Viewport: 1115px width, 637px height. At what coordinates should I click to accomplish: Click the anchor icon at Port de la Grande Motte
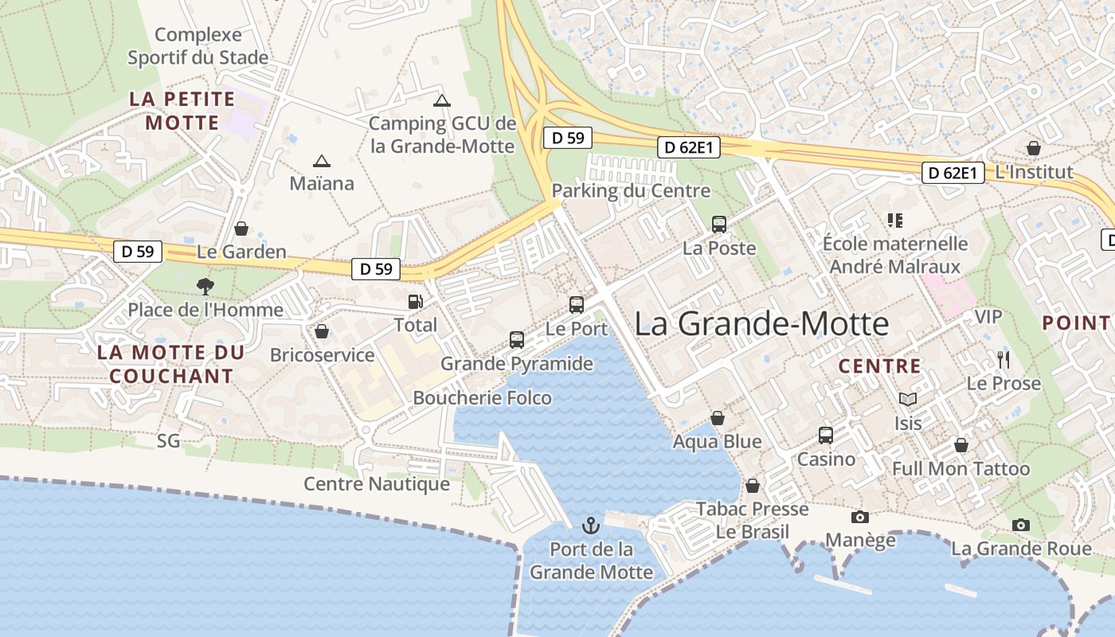pyautogui.click(x=590, y=525)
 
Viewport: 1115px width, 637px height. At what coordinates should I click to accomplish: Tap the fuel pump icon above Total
pyautogui.click(x=415, y=301)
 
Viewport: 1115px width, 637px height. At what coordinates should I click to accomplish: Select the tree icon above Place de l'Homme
pyautogui.click(x=205, y=286)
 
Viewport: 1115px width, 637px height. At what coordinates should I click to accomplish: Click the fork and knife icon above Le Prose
pyautogui.click(x=1003, y=360)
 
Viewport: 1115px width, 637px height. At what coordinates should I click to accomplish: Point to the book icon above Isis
pyautogui.click(x=907, y=399)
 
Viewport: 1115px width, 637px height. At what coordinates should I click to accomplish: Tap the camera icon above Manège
pyautogui.click(x=859, y=518)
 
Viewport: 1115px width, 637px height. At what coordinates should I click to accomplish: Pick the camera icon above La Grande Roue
pyautogui.click(x=1021, y=526)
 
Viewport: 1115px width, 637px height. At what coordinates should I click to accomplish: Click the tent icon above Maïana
pyautogui.click(x=322, y=161)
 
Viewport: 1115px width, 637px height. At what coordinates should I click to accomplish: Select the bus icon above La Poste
pyautogui.click(x=719, y=225)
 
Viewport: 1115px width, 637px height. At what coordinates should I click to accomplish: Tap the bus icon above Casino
pyautogui.click(x=826, y=436)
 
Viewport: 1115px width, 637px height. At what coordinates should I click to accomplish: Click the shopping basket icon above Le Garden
pyautogui.click(x=241, y=229)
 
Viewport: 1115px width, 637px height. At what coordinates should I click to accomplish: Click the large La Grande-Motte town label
pyautogui.click(x=761, y=324)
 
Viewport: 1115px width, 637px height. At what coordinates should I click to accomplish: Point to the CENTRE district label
pyautogui.click(x=880, y=366)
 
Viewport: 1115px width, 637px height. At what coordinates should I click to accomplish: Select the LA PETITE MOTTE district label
pyautogui.click(x=182, y=111)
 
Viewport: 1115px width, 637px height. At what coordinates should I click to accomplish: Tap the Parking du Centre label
pyautogui.click(x=631, y=190)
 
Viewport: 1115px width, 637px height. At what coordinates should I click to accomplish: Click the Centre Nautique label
pyautogui.click(x=377, y=483)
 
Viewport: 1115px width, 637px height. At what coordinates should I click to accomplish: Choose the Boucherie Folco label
pyautogui.click(x=482, y=397)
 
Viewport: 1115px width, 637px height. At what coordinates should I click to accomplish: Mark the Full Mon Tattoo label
pyautogui.click(x=960, y=468)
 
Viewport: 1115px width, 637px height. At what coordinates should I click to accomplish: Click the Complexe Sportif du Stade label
pyautogui.click(x=198, y=46)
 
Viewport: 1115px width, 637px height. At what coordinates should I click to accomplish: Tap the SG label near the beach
pyautogui.click(x=169, y=440)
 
